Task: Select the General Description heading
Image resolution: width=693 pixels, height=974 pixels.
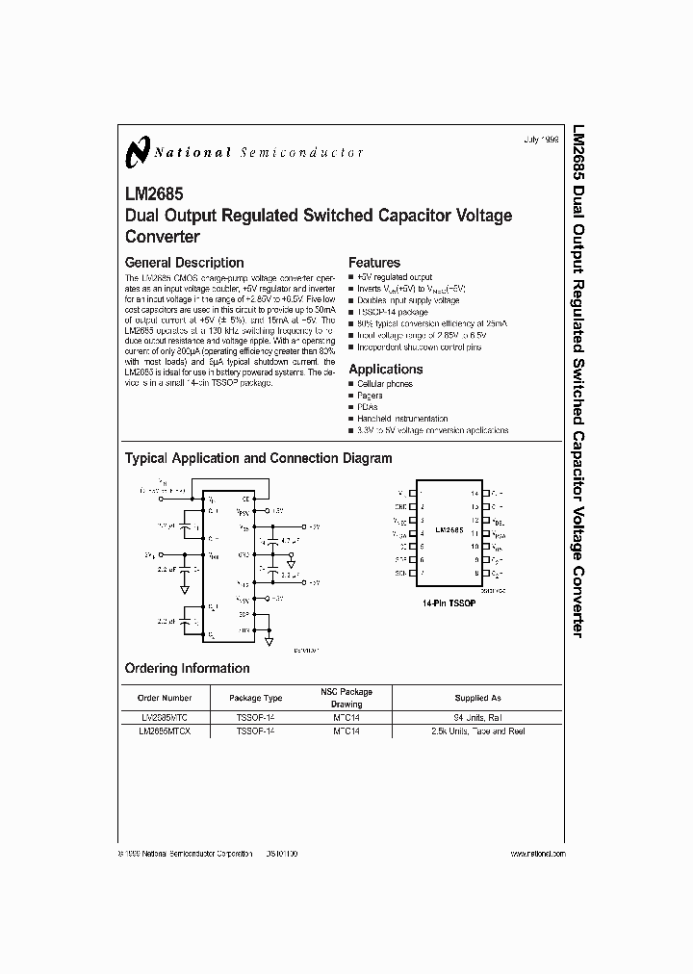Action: (x=185, y=263)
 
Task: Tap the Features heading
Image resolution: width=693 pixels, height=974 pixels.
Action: (x=374, y=263)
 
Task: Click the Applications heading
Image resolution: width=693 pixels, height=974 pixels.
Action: (x=385, y=369)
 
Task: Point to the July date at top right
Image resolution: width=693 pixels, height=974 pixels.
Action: (x=541, y=141)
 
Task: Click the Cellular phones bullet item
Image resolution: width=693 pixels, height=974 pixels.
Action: (x=385, y=384)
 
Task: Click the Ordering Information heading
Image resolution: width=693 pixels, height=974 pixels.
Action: (x=187, y=668)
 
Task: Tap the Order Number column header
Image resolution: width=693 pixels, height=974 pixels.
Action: (x=166, y=698)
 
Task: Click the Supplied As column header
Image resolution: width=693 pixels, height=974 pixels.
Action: (x=477, y=698)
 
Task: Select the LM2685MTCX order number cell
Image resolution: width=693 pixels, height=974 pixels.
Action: (x=166, y=730)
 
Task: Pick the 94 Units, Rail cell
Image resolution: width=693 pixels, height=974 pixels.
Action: (x=477, y=717)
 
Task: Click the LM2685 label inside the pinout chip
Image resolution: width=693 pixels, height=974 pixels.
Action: (x=449, y=530)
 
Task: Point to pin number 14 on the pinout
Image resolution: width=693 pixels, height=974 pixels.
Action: (x=475, y=493)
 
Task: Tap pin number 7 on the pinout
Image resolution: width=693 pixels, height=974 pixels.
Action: (x=423, y=573)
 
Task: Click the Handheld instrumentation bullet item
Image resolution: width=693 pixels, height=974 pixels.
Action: (x=401, y=419)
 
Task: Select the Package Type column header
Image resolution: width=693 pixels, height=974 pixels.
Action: (x=255, y=698)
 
